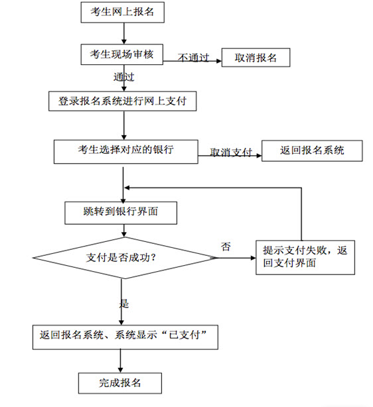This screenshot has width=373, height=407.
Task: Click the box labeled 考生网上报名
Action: coord(122,12)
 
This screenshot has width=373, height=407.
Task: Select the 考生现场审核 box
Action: coord(122,54)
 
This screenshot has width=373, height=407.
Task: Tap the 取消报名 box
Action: coord(256,58)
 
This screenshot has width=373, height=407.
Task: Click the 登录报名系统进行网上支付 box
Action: coord(122,101)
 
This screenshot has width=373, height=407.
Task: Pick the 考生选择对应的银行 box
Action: coord(126,152)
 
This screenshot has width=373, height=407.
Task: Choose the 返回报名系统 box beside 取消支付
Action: coord(312,151)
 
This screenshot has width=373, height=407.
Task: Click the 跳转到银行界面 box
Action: coord(121,213)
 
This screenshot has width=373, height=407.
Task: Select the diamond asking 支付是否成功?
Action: coord(125,258)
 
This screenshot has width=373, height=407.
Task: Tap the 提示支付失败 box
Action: coord(305,257)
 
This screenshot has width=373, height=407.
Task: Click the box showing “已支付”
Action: coord(125,337)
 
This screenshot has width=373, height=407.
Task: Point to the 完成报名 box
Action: coord(120,383)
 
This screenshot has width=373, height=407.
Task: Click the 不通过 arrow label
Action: coord(193,58)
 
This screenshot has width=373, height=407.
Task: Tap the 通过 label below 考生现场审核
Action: coord(123,77)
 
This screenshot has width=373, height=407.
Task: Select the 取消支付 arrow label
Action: coord(231,152)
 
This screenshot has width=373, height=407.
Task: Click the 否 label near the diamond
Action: coord(226,247)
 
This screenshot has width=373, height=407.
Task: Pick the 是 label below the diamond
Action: coord(124,303)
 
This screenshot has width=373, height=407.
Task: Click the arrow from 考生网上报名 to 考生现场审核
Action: coord(124,33)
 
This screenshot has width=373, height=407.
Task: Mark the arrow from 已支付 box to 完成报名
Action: coord(120,361)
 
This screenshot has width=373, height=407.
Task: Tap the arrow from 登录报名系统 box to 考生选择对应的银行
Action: coord(124,125)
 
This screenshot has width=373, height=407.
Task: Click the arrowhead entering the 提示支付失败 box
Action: coord(253,258)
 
